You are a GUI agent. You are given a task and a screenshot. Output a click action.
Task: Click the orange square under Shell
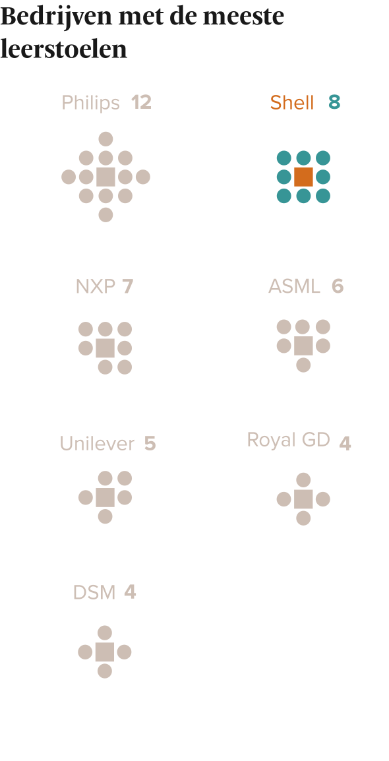304,177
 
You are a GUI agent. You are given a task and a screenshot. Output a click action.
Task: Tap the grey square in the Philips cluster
105,177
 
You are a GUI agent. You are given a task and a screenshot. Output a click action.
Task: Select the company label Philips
91,103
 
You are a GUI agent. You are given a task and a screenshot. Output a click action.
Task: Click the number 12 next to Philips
141,102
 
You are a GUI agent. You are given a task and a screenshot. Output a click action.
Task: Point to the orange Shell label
292,103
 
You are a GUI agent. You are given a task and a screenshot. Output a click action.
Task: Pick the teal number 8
334,102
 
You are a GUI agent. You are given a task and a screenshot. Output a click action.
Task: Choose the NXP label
95,286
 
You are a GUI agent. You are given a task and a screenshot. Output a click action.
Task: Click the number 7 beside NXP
127,286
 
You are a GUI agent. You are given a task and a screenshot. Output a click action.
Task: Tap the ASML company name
295,286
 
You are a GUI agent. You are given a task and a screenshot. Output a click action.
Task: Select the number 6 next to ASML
338,286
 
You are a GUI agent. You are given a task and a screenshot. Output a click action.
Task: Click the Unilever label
97,444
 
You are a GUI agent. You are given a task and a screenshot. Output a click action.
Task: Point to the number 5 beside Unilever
150,444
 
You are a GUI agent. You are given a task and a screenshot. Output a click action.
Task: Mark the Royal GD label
289,440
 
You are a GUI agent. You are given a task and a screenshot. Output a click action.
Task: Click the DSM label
94,592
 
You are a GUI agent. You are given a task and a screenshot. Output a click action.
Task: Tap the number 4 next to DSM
130,592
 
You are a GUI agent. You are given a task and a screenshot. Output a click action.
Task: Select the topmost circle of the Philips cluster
105,138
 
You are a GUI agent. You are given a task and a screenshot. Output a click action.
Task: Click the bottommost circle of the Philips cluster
105,214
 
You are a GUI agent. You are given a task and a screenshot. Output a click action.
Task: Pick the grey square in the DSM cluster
105,652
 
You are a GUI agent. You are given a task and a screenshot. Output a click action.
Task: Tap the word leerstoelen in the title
63,49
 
